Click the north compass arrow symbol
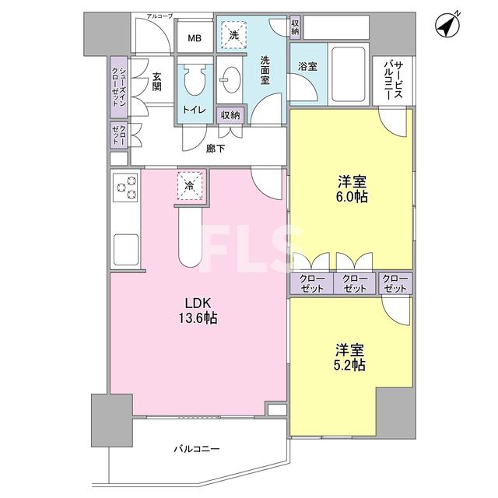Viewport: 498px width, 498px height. pos(448,25)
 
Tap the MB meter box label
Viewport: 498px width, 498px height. pos(195,38)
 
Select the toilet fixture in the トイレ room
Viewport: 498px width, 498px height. pos(194,79)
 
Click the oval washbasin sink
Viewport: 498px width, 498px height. pos(231,79)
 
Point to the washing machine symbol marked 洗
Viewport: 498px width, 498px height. pos(233,35)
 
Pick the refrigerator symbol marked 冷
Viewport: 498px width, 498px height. pos(190,186)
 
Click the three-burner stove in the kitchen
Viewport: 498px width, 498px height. pos(126,188)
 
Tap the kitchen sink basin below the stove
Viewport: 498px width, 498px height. pos(126,250)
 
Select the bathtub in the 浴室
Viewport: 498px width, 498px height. pos(348,74)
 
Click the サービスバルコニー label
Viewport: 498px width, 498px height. pos(394,81)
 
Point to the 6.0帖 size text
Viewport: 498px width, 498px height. pos(352,197)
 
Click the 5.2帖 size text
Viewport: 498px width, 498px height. pos(349,365)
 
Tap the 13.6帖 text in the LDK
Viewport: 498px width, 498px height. pos(198,317)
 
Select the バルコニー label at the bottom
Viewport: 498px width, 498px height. pos(197,449)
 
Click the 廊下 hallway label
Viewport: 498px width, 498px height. pos(216,149)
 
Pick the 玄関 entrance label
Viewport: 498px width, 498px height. pos(157,82)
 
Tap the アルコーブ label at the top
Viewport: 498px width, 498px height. pos(160,16)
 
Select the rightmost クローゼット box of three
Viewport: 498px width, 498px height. pos(395,283)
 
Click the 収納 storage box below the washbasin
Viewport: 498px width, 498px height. pos(230,115)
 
